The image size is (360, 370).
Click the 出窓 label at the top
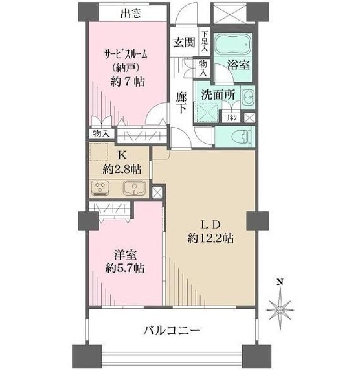point(130,13)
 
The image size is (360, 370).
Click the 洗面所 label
point(217,94)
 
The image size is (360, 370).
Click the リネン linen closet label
point(231,117)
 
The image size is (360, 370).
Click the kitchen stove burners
point(100,188)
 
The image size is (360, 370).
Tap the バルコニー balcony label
point(171,331)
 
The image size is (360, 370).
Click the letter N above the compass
point(280,282)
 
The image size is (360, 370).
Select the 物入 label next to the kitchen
point(101,134)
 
